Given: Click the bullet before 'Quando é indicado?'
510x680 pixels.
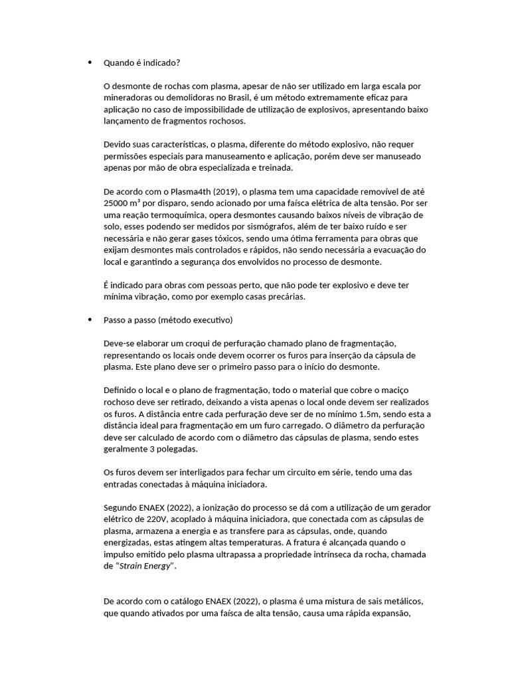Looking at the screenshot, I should click(90, 62).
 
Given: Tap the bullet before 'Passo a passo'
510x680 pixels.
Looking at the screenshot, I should click(90, 320).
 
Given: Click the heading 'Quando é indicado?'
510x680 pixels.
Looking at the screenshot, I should click(141, 63).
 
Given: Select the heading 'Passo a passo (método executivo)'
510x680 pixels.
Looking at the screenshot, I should click(168, 320).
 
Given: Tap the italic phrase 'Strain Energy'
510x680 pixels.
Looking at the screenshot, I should click(146, 566).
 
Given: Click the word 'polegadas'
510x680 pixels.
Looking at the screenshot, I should click(176, 450).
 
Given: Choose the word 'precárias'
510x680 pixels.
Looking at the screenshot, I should click(284, 297).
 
